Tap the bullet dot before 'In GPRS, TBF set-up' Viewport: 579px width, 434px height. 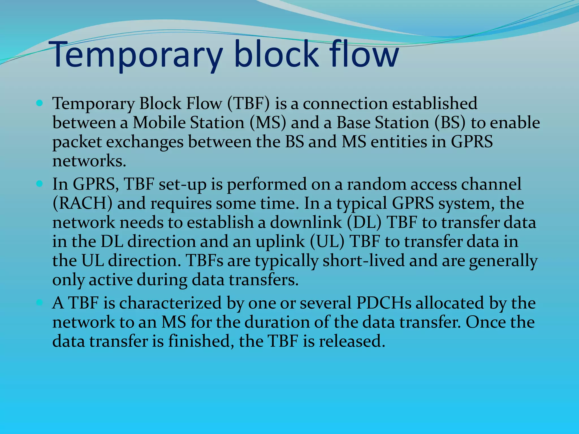coord(40,184)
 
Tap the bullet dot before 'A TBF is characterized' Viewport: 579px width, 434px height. coord(40,303)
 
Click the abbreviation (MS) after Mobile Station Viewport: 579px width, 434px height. coord(268,123)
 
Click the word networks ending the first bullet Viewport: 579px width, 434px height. coord(89,161)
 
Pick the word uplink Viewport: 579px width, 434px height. coord(280,242)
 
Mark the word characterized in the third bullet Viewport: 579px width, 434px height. coord(170,303)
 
